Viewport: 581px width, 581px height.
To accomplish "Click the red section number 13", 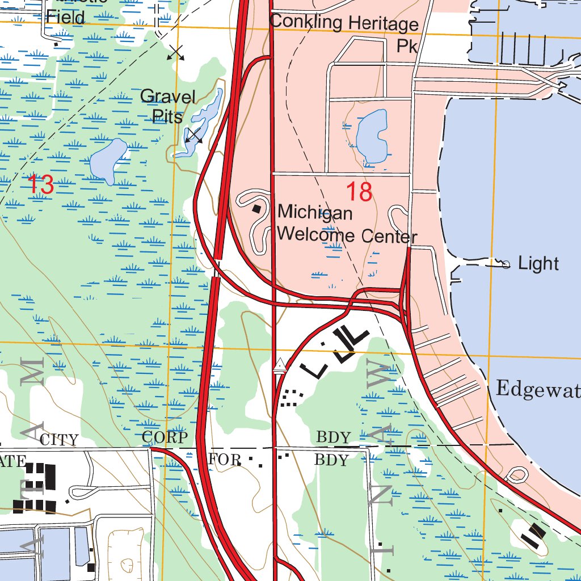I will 40,184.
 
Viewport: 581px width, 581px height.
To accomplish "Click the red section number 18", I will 359,192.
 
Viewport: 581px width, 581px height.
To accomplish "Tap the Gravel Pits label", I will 168,106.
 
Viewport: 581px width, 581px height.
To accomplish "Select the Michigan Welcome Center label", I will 347,224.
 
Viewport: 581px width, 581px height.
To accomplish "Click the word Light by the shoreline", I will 538,263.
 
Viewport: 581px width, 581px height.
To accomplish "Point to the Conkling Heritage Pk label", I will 344,31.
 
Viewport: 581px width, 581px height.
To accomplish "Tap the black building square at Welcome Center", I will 258,209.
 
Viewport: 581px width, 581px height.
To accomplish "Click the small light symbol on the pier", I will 506,264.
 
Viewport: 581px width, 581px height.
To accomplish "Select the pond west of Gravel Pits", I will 108,161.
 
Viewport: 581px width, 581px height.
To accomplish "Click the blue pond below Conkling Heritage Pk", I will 372,136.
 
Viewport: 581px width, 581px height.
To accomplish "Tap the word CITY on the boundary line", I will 59,440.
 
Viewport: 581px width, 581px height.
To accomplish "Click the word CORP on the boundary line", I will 165,437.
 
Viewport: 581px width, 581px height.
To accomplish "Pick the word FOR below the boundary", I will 225,459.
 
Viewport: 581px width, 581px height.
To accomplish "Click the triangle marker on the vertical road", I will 279,367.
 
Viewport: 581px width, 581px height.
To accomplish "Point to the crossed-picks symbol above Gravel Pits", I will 176,53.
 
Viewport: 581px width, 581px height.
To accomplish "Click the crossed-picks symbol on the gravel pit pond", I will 194,136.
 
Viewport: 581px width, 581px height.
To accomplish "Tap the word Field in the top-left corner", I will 65,16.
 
